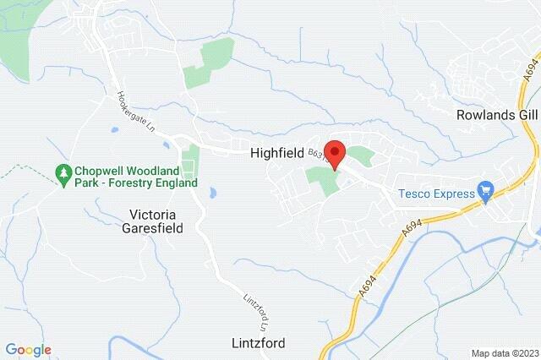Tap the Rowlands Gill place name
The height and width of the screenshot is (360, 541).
[496, 114]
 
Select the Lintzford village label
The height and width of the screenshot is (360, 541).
[257, 343]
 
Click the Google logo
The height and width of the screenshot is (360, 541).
[28, 350]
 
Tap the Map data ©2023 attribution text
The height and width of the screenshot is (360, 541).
[505, 353]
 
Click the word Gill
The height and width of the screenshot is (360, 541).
[526, 114]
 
